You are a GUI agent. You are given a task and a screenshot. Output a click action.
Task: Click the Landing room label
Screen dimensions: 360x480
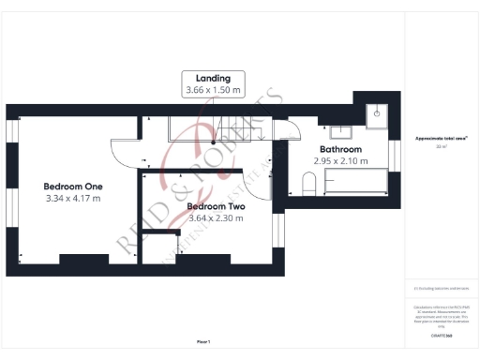pyautogui.click(x=213, y=78)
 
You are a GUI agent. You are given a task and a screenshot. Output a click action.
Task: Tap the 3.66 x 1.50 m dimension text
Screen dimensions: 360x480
pyautogui.click(x=213, y=91)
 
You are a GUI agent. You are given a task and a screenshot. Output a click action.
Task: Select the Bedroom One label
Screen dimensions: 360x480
pyautogui.click(x=72, y=186)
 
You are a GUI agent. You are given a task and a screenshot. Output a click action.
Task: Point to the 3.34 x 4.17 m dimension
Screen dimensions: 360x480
pyautogui.click(x=72, y=198)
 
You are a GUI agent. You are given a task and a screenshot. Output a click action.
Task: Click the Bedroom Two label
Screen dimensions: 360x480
pyautogui.click(x=216, y=206)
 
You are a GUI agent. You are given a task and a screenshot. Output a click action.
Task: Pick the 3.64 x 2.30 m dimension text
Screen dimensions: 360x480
pyautogui.click(x=216, y=218)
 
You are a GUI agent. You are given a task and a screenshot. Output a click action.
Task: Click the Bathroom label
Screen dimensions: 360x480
pyautogui.click(x=340, y=149)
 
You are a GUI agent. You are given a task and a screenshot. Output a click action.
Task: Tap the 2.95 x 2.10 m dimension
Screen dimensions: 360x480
pyautogui.click(x=340, y=161)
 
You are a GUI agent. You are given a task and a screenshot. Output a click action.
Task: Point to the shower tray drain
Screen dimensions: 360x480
pyautogui.click(x=378, y=111)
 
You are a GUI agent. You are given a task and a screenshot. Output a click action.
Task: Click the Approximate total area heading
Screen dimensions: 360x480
pyautogui.click(x=441, y=138)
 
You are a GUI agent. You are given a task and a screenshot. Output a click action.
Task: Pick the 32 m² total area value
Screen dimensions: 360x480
pyautogui.click(x=441, y=147)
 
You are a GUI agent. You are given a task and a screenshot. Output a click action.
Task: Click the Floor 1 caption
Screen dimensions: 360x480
pyautogui.click(x=203, y=341)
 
